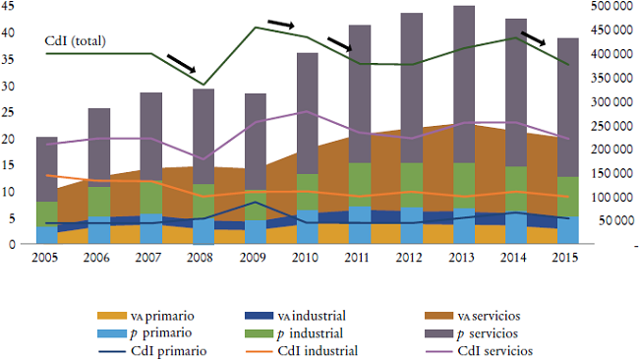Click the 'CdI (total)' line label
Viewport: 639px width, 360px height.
[x=76, y=41]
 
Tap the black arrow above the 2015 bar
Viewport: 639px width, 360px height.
[x=533, y=38]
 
